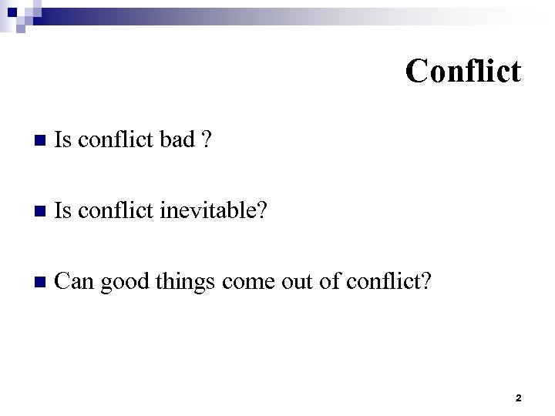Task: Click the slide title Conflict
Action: click(x=463, y=71)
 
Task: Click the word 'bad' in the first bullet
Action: click(x=177, y=141)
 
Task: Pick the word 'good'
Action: click(x=128, y=281)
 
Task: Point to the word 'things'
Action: click(x=188, y=281)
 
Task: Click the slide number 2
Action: click(x=517, y=398)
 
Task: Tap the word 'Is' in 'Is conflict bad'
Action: click(x=65, y=141)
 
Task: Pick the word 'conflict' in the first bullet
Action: click(x=116, y=141)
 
